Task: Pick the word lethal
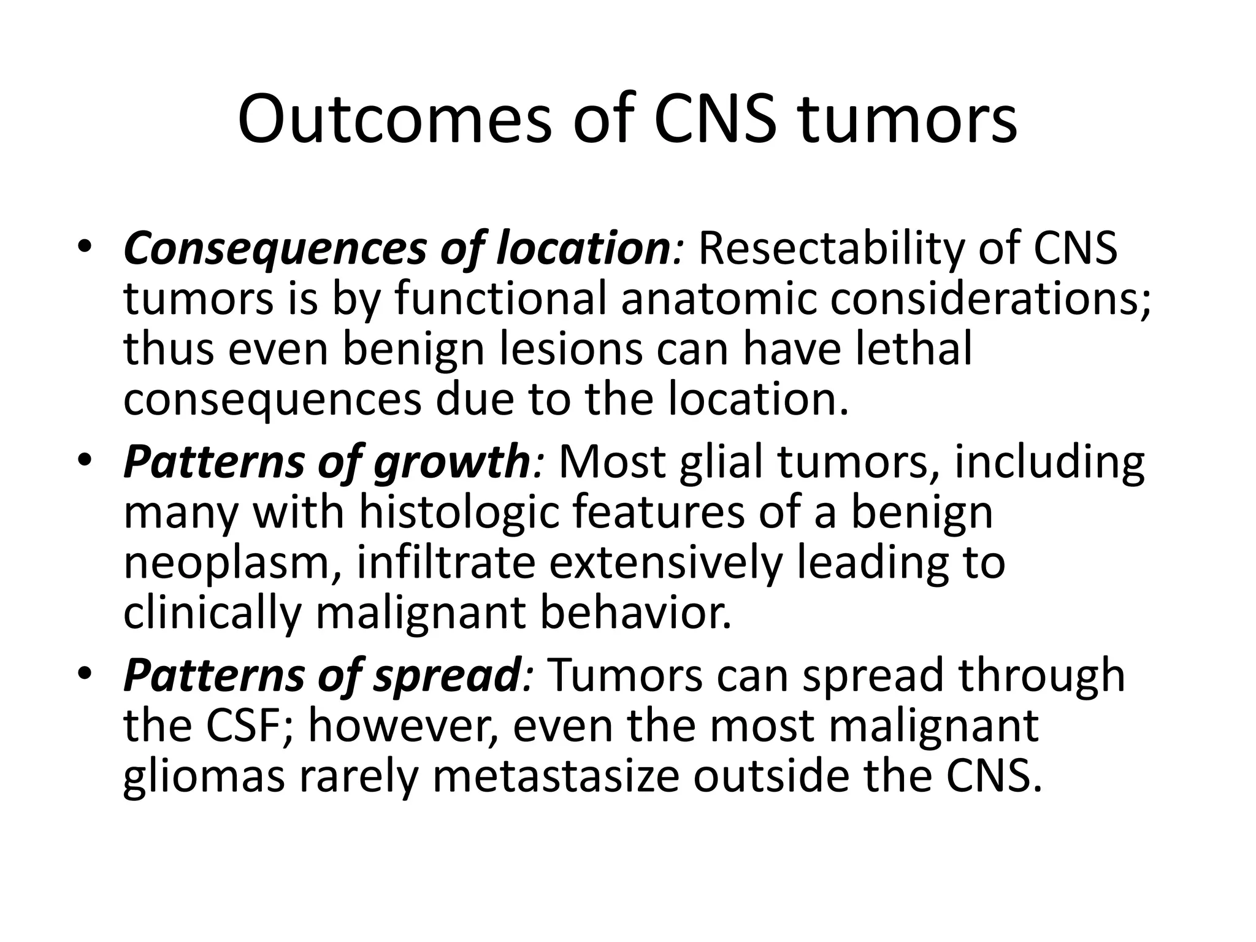[x=910, y=349]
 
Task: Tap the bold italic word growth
[x=451, y=462]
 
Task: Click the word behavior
[x=635, y=613]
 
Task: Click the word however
[x=405, y=726]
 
